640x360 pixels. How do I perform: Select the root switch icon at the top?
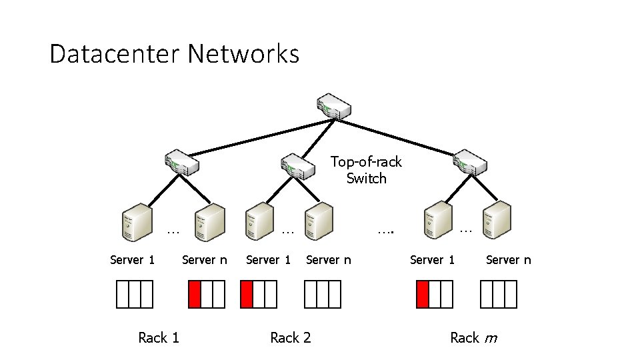(335, 106)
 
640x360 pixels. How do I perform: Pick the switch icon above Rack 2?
(297, 166)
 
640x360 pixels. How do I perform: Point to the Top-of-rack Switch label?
(366, 170)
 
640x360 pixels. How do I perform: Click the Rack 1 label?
(159, 338)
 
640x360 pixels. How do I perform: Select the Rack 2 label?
(291, 338)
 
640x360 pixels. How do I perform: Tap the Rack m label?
(473, 338)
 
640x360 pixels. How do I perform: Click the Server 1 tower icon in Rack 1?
(136, 223)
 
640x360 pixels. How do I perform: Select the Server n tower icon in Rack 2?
(319, 221)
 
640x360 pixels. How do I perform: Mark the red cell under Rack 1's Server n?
(195, 294)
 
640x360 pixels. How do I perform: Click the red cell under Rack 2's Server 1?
(247, 294)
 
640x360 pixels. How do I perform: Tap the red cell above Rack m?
(423, 294)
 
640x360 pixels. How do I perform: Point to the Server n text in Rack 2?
(328, 260)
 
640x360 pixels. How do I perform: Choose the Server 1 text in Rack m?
(432, 260)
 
